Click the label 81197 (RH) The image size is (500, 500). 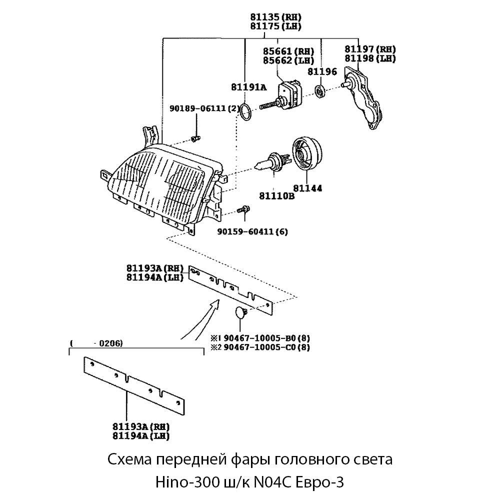[370, 49]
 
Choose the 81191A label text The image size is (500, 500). [248, 87]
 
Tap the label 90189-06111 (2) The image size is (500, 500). [205, 108]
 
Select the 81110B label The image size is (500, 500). [276, 195]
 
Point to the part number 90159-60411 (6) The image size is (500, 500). [252, 231]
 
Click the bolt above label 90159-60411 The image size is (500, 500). [244, 210]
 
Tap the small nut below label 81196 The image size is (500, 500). [320, 91]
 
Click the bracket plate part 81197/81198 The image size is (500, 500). [365, 100]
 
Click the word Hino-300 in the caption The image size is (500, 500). [184, 482]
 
